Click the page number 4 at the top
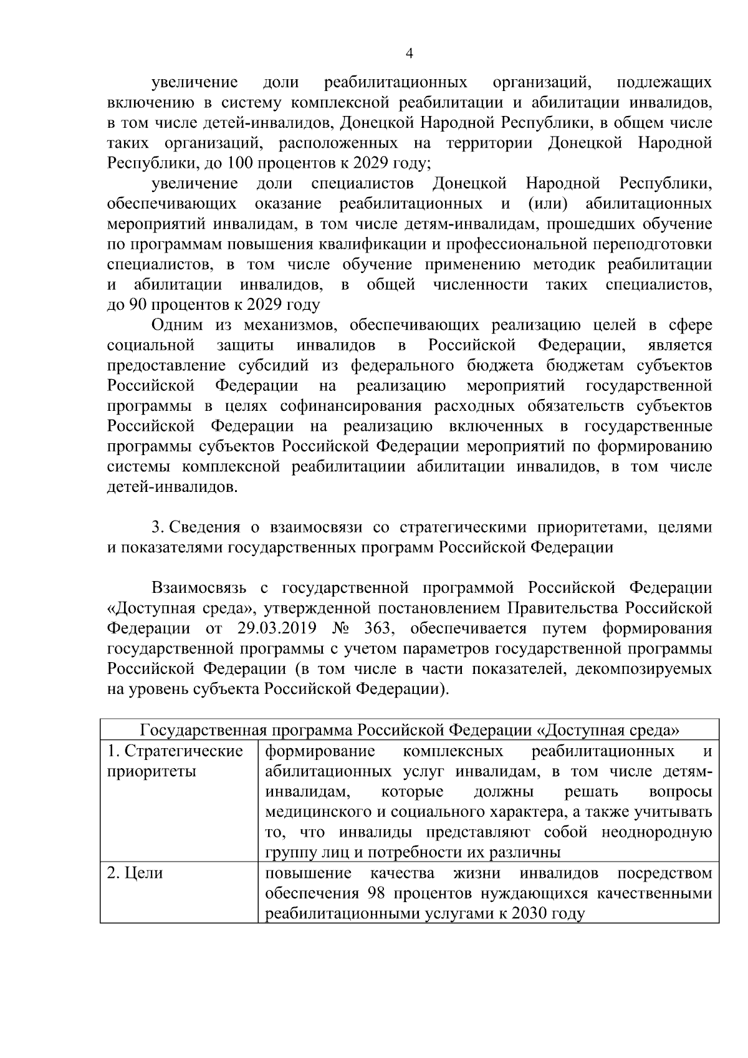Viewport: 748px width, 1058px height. [x=409, y=54]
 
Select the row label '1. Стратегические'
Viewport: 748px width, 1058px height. [x=175, y=751]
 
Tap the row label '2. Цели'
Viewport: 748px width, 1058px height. [x=135, y=873]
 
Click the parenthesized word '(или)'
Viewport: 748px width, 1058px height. [x=547, y=204]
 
